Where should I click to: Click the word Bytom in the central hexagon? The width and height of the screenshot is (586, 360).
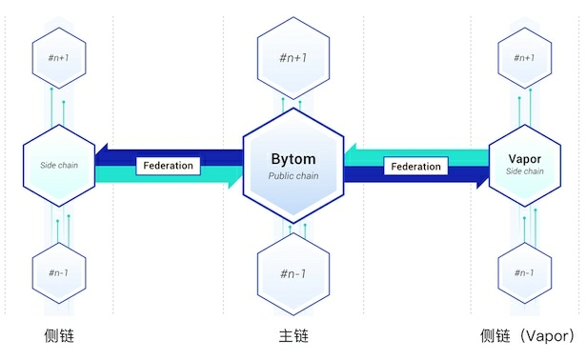coord(293,159)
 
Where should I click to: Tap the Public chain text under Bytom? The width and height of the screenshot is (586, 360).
coord(293,176)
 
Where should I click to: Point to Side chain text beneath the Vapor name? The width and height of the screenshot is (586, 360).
coord(525,171)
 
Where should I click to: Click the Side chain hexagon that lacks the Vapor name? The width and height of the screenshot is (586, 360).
coord(59,165)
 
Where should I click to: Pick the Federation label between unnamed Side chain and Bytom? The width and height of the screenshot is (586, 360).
coord(168,165)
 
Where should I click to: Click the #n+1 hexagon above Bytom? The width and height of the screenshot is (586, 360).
coord(293,56)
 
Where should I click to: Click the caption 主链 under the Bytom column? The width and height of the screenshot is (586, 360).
coord(293,336)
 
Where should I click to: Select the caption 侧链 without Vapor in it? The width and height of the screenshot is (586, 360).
coord(59,336)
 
